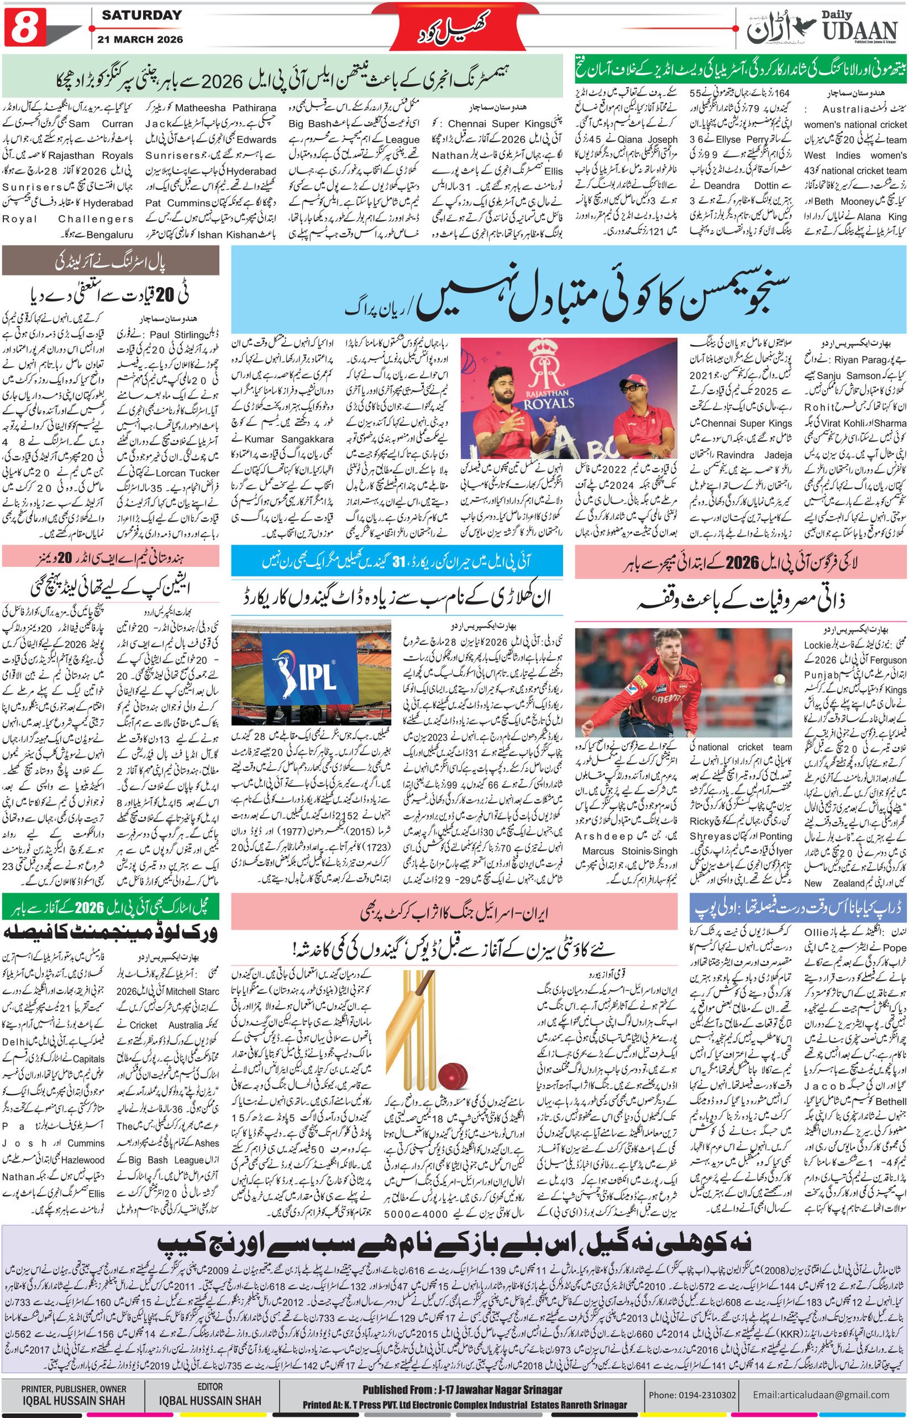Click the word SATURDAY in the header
point(141,15)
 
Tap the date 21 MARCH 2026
point(141,40)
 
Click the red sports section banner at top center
point(454,27)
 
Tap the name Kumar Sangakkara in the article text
point(289,439)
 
